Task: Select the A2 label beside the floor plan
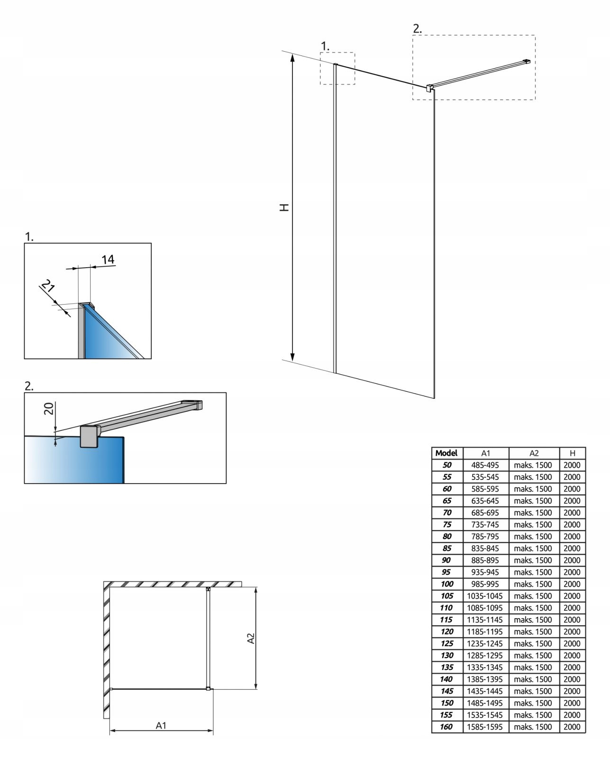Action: click(x=251, y=638)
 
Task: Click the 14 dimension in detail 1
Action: click(x=108, y=259)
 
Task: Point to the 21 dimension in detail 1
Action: click(x=47, y=287)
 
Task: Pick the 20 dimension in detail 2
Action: click(x=48, y=408)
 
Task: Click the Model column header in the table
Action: click(x=446, y=453)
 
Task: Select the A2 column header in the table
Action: click(x=534, y=453)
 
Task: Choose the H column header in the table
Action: click(x=572, y=453)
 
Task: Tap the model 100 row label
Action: click(x=446, y=584)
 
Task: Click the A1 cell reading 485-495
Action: click(x=485, y=465)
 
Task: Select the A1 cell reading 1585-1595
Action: click(x=485, y=726)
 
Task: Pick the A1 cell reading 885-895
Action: click(x=485, y=560)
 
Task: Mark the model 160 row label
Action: click(x=446, y=726)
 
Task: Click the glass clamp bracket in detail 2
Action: click(x=89, y=436)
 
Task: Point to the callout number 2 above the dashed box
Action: click(x=417, y=28)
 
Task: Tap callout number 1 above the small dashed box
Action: click(x=325, y=46)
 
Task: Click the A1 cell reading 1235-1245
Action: click(x=485, y=643)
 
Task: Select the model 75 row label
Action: click(x=446, y=524)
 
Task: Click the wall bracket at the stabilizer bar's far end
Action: click(x=526, y=61)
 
